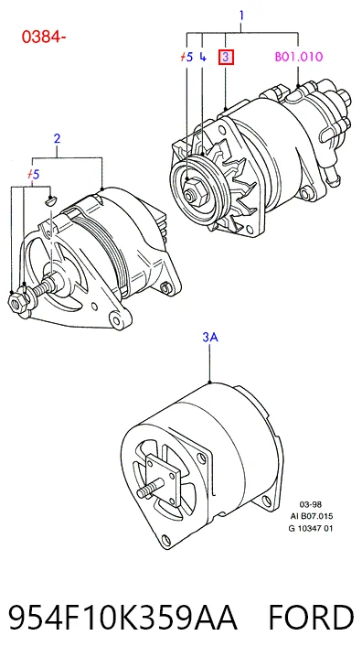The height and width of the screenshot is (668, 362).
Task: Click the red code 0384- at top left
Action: pyautogui.click(x=44, y=38)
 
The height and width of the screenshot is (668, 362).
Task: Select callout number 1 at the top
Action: pyautogui.click(x=241, y=16)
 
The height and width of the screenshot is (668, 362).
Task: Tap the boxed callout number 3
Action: pyautogui.click(x=226, y=57)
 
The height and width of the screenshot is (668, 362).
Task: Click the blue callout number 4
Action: pyautogui.click(x=203, y=57)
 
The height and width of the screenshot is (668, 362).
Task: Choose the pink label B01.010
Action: pyautogui.click(x=299, y=57)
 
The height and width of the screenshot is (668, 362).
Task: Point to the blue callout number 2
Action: pyautogui.click(x=57, y=138)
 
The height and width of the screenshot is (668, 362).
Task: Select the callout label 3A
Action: pyautogui.click(x=210, y=338)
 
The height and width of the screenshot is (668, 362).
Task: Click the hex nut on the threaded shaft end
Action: pyautogui.click(x=18, y=302)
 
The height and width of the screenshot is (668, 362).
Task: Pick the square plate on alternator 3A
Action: pyautogui.click(x=164, y=479)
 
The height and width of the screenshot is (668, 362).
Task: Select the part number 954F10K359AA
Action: pyautogui.click(x=122, y=619)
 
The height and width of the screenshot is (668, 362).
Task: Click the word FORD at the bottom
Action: pyautogui.click(x=311, y=619)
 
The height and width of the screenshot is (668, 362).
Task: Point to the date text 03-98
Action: pyautogui.click(x=311, y=505)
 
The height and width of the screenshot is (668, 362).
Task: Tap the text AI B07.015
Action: pyautogui.click(x=311, y=516)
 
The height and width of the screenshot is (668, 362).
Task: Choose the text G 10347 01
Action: pyautogui.click(x=311, y=528)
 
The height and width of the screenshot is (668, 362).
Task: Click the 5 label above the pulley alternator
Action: pyautogui.click(x=186, y=57)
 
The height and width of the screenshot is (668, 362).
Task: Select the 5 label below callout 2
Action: pyautogui.click(x=33, y=174)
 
